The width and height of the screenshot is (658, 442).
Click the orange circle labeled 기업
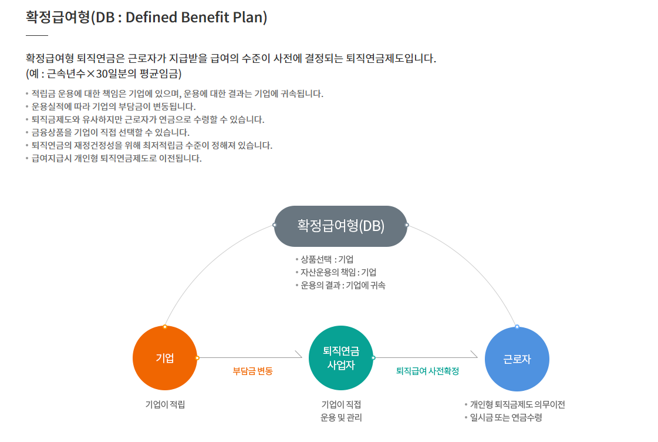(165, 358)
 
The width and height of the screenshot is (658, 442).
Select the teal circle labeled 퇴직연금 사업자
(341, 358)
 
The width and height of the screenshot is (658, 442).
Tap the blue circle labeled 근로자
(517, 359)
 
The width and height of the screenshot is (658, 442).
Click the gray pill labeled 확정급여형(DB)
(340, 226)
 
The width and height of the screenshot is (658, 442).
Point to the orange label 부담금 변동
(252, 371)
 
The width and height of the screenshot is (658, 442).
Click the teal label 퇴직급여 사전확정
(427, 371)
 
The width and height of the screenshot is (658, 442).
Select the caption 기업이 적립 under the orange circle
(165, 404)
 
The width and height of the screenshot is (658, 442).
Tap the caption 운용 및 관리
(341, 418)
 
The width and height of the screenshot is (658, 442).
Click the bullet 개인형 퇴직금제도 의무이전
(517, 404)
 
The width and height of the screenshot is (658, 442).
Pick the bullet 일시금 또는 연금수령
(505, 418)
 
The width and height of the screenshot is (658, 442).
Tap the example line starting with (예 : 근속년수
(104, 74)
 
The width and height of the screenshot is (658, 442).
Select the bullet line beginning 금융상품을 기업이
(110, 132)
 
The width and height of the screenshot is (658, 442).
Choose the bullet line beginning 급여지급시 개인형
(116, 158)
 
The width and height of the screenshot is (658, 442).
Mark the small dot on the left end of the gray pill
(275, 225)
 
